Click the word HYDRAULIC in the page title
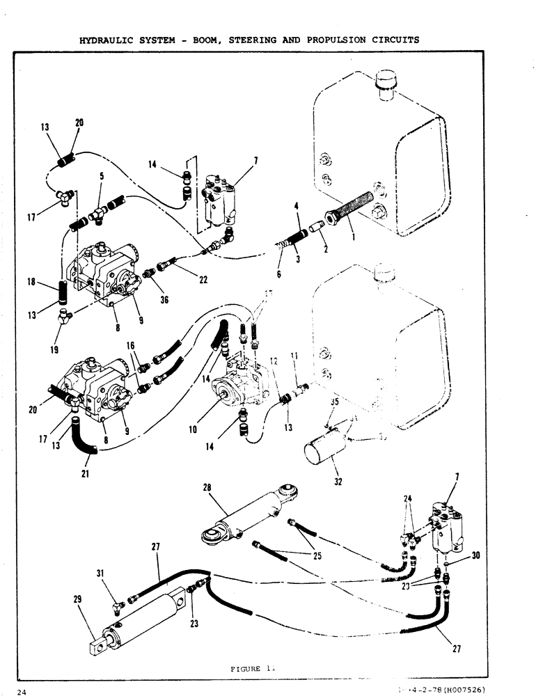pos(104,40)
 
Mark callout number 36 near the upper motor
pos(164,300)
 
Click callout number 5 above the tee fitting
pos(102,177)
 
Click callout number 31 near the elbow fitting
pos(102,573)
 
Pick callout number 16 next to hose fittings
pos(129,346)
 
